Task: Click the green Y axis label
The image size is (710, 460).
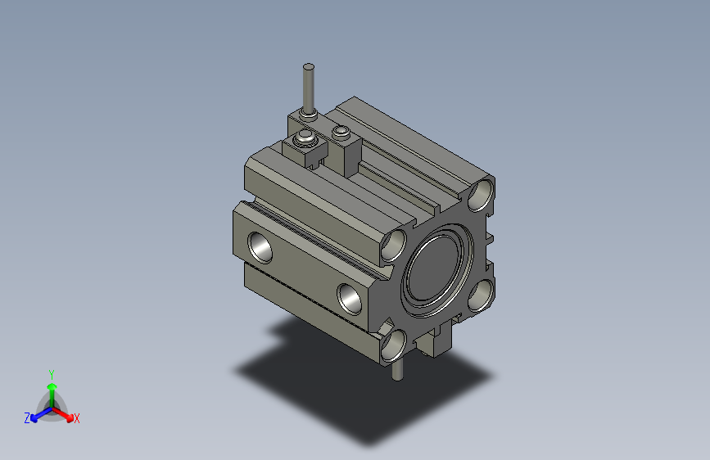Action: pyautogui.click(x=52, y=375)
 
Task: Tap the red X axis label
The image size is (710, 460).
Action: pyautogui.click(x=76, y=418)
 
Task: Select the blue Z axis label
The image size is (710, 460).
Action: pyautogui.click(x=27, y=418)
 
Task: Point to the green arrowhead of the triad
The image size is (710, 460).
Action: pyautogui.click(x=52, y=386)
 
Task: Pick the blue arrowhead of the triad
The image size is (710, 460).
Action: pyautogui.click(x=34, y=418)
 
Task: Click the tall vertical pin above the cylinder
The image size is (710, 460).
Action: pyautogui.click(x=309, y=88)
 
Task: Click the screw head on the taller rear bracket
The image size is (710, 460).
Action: pyautogui.click(x=341, y=133)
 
